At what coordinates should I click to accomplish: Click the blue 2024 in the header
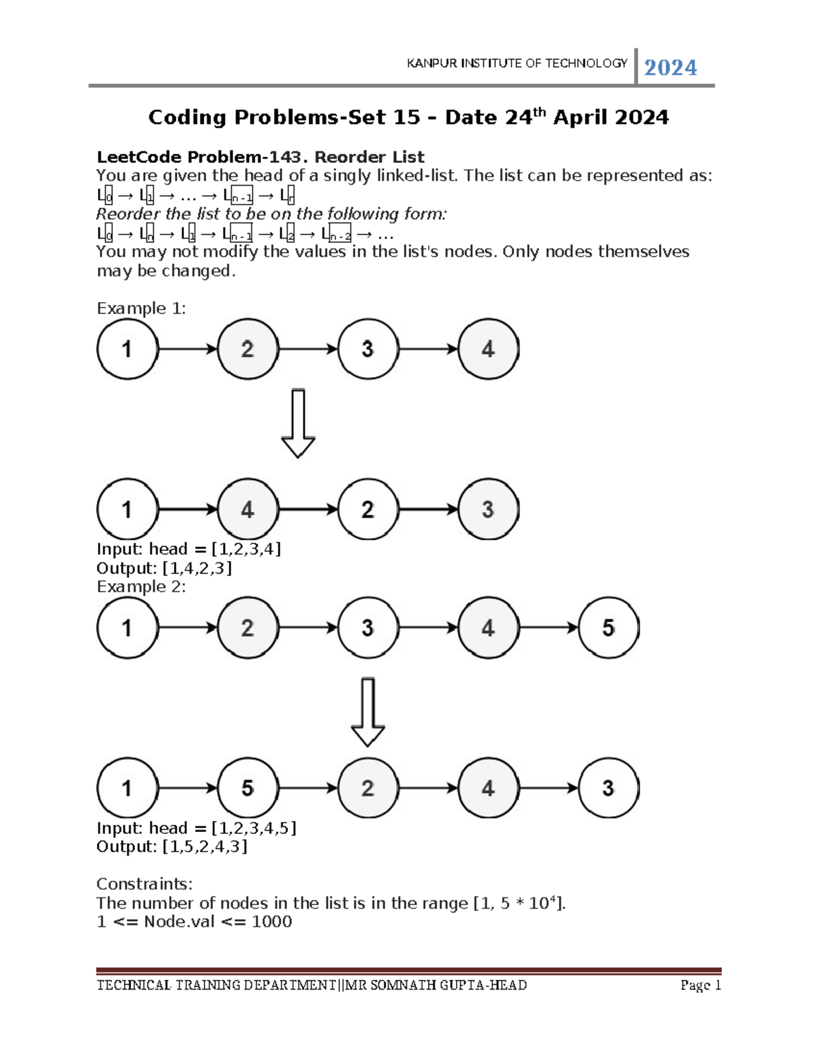(x=670, y=68)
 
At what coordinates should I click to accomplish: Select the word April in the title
(x=580, y=117)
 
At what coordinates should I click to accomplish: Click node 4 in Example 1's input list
(x=488, y=349)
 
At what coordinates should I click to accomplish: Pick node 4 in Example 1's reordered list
(x=247, y=509)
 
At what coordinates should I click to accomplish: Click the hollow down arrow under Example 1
(x=298, y=423)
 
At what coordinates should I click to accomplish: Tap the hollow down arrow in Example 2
(x=367, y=711)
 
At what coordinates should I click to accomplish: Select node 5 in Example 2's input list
(x=608, y=628)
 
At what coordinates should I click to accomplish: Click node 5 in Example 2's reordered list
(x=247, y=788)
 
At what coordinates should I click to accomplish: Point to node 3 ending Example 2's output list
(x=608, y=788)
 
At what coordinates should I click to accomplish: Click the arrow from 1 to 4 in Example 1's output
(x=187, y=509)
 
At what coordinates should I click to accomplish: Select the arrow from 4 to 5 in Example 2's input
(x=548, y=628)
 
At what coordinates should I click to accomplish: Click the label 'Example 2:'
(x=141, y=586)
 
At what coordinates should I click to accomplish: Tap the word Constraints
(x=144, y=884)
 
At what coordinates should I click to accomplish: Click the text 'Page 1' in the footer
(x=700, y=985)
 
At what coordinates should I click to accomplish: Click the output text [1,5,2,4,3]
(x=204, y=846)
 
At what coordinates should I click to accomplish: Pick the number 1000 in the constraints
(x=271, y=921)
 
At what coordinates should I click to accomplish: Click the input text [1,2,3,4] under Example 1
(x=246, y=549)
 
